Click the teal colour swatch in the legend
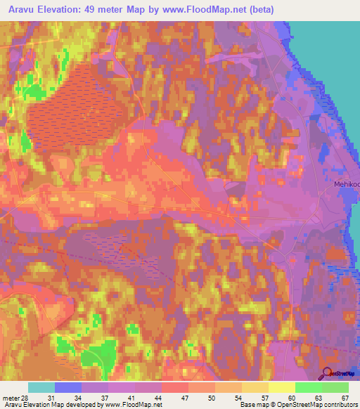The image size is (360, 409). [x=41, y=387]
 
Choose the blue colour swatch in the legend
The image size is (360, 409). [x=68, y=387]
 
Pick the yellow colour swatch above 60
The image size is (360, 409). [x=281, y=387]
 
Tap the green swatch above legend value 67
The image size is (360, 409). [x=335, y=387]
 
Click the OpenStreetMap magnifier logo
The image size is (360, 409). [x=328, y=376]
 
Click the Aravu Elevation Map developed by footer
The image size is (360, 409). [x=53, y=405]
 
